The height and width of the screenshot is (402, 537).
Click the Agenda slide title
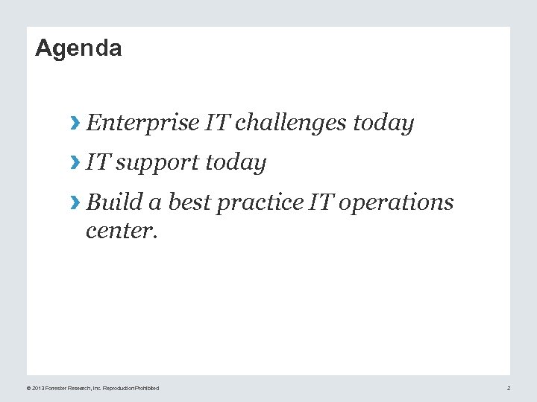(78, 48)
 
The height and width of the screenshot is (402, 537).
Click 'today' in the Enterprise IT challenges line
(383, 123)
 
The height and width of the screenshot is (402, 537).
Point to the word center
(122, 231)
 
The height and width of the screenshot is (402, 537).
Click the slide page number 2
(509, 388)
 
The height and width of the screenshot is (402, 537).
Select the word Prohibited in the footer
(147, 388)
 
